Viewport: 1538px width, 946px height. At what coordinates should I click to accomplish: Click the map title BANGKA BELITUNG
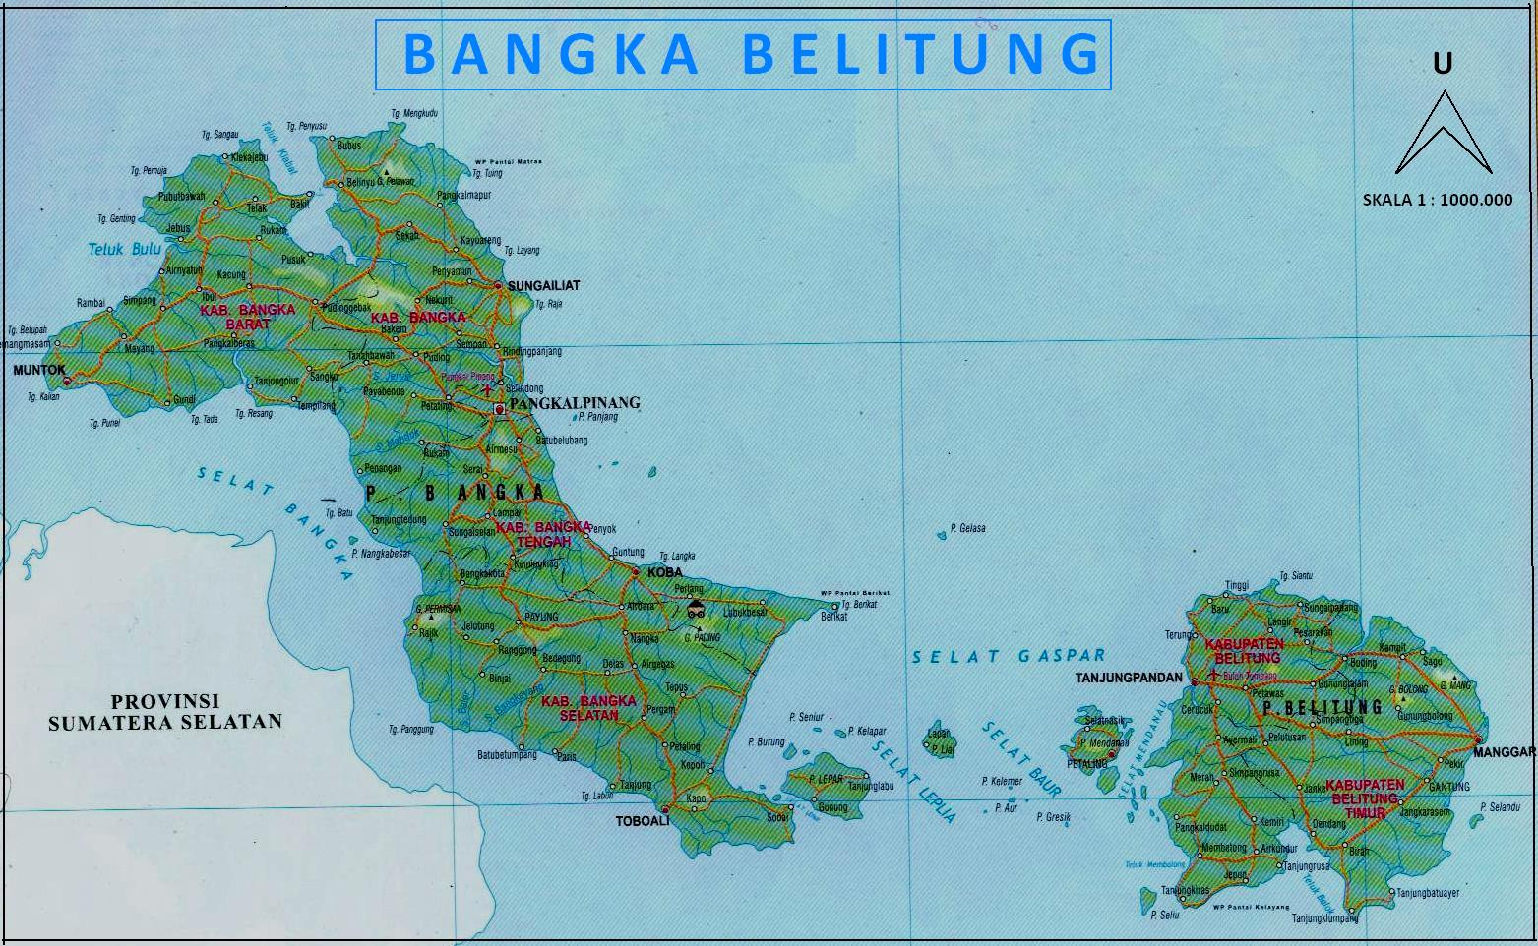tap(743, 54)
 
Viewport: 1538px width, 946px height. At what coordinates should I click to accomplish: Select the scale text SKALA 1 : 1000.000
tap(1437, 200)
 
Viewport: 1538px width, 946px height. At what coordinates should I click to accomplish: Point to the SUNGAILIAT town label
tap(544, 285)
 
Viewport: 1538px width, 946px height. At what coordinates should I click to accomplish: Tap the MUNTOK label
tap(38, 371)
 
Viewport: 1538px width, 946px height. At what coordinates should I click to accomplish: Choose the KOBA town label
tap(665, 571)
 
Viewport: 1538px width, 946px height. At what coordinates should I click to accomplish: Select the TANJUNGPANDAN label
tap(1129, 678)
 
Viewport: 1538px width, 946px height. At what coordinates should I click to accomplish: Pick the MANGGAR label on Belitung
tap(1506, 752)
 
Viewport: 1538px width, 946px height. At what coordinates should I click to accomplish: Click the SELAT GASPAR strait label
tap(1009, 656)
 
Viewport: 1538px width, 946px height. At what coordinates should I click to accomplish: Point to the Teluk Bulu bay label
tap(124, 249)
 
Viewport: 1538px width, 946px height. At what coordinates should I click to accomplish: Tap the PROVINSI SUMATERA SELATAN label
tap(165, 712)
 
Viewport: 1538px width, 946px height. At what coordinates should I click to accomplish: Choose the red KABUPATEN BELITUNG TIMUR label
tap(1365, 798)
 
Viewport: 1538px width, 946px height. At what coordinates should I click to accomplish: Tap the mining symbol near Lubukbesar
tap(696, 609)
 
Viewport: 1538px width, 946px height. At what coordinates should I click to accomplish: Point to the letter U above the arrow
tap(1442, 64)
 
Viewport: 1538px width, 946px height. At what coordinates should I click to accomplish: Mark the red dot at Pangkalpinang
tap(499, 408)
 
